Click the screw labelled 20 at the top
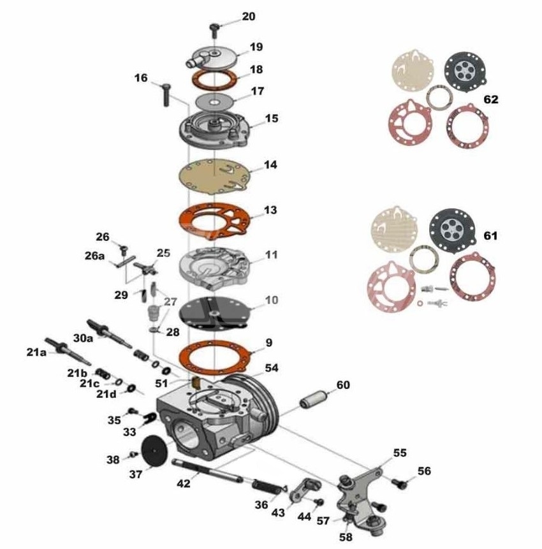[x=214, y=30]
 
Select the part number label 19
[x=256, y=47]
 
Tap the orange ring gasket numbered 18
[x=214, y=79]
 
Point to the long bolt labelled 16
[x=166, y=94]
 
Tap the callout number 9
[x=269, y=342]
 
